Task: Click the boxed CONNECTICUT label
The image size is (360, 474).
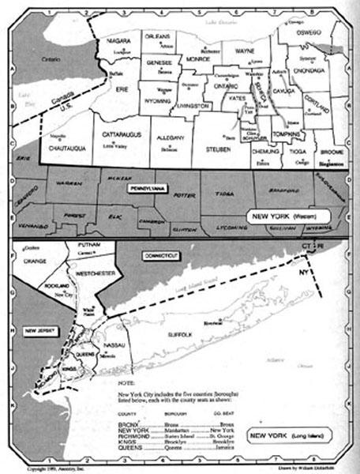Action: [x=162, y=257]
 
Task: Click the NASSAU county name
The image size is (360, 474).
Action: [x=114, y=345]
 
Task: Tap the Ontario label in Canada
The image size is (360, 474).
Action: [x=51, y=59]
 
